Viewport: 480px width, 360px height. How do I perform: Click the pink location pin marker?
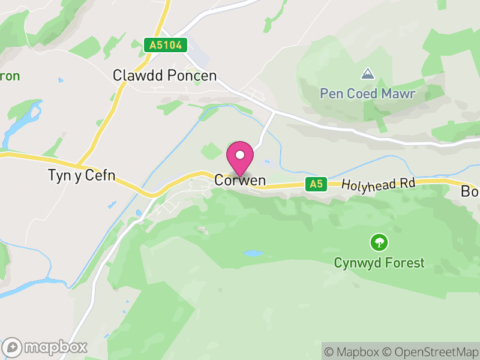coord(240,158)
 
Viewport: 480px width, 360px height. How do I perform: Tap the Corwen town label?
coord(240,181)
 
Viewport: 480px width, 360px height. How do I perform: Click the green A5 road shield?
coord(316,184)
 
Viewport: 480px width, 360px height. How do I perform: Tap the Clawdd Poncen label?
coord(164,76)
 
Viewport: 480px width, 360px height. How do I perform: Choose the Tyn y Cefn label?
coord(81,176)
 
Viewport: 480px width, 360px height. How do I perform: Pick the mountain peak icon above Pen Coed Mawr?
coord(367,74)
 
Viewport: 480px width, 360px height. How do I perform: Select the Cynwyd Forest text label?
coord(379,263)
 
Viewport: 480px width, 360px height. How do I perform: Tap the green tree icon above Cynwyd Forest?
coord(379,242)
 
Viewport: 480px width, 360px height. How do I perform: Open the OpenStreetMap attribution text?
coord(430,351)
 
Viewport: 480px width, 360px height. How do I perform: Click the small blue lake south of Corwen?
coord(253,254)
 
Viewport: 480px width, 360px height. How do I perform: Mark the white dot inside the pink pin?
coord(240,155)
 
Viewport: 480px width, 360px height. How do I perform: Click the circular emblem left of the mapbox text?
coord(13,347)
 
